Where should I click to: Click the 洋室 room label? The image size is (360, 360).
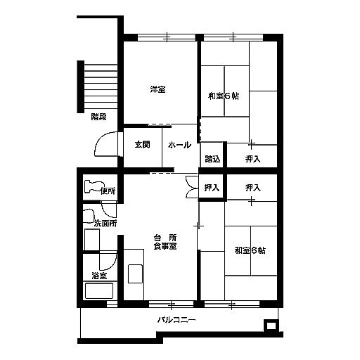click(157, 89)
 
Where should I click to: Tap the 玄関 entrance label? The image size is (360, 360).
click(142, 144)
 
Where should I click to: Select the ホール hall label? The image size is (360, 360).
click(179, 145)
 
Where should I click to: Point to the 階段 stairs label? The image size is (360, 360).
click(98, 117)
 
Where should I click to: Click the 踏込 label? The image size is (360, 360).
click(212, 159)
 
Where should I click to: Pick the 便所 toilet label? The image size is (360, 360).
click(108, 191)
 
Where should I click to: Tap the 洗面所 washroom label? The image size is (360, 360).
click(105, 224)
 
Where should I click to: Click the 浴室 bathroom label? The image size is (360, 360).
click(99, 276)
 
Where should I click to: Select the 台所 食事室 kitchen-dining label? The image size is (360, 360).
click(165, 242)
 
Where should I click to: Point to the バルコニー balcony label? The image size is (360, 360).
click(176, 320)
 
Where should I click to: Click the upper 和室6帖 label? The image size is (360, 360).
click(224, 96)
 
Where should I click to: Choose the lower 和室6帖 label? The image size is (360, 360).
click(250, 250)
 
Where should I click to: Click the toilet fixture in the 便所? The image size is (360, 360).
click(94, 186)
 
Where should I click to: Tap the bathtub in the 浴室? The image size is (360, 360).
click(99, 291)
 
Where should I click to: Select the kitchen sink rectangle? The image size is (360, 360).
click(135, 274)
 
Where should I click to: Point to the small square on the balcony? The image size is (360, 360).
click(271, 326)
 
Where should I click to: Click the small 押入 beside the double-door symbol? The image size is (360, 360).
click(212, 188)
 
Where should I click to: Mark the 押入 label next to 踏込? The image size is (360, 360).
click(252, 159)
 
